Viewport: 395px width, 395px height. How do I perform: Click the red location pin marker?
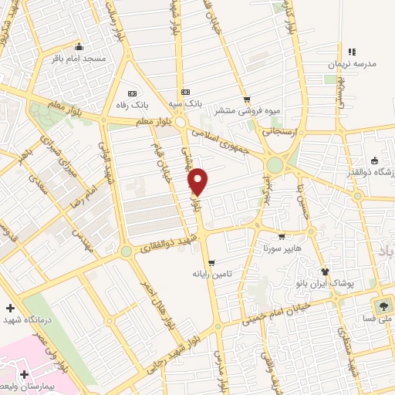[x=198, y=181]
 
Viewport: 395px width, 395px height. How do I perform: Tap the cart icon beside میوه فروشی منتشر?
[x=247, y=99]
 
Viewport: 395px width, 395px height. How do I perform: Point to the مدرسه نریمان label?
[x=353, y=65]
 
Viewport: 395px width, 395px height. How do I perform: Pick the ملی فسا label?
[x=379, y=318]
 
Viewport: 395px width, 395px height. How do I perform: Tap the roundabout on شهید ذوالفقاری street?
[x=126, y=252]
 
